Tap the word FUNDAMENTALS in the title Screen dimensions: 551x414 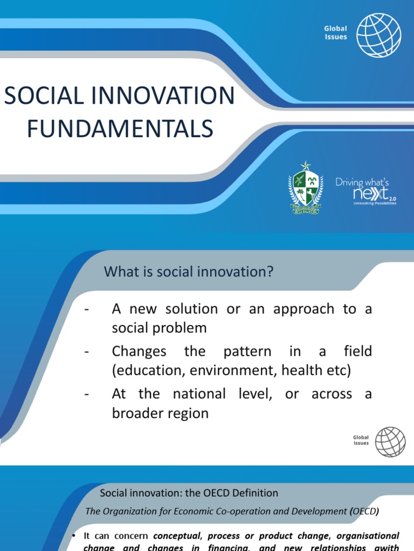(120, 129)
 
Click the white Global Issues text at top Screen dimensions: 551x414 (335, 33)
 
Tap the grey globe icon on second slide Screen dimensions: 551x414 (390, 442)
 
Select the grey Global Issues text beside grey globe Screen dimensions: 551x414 (361, 441)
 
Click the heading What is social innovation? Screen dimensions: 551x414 (189, 272)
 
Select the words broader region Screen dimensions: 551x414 (160, 413)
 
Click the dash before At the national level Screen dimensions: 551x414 (86, 394)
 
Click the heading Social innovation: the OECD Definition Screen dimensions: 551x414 (189, 493)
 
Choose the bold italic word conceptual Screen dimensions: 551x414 (177, 536)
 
